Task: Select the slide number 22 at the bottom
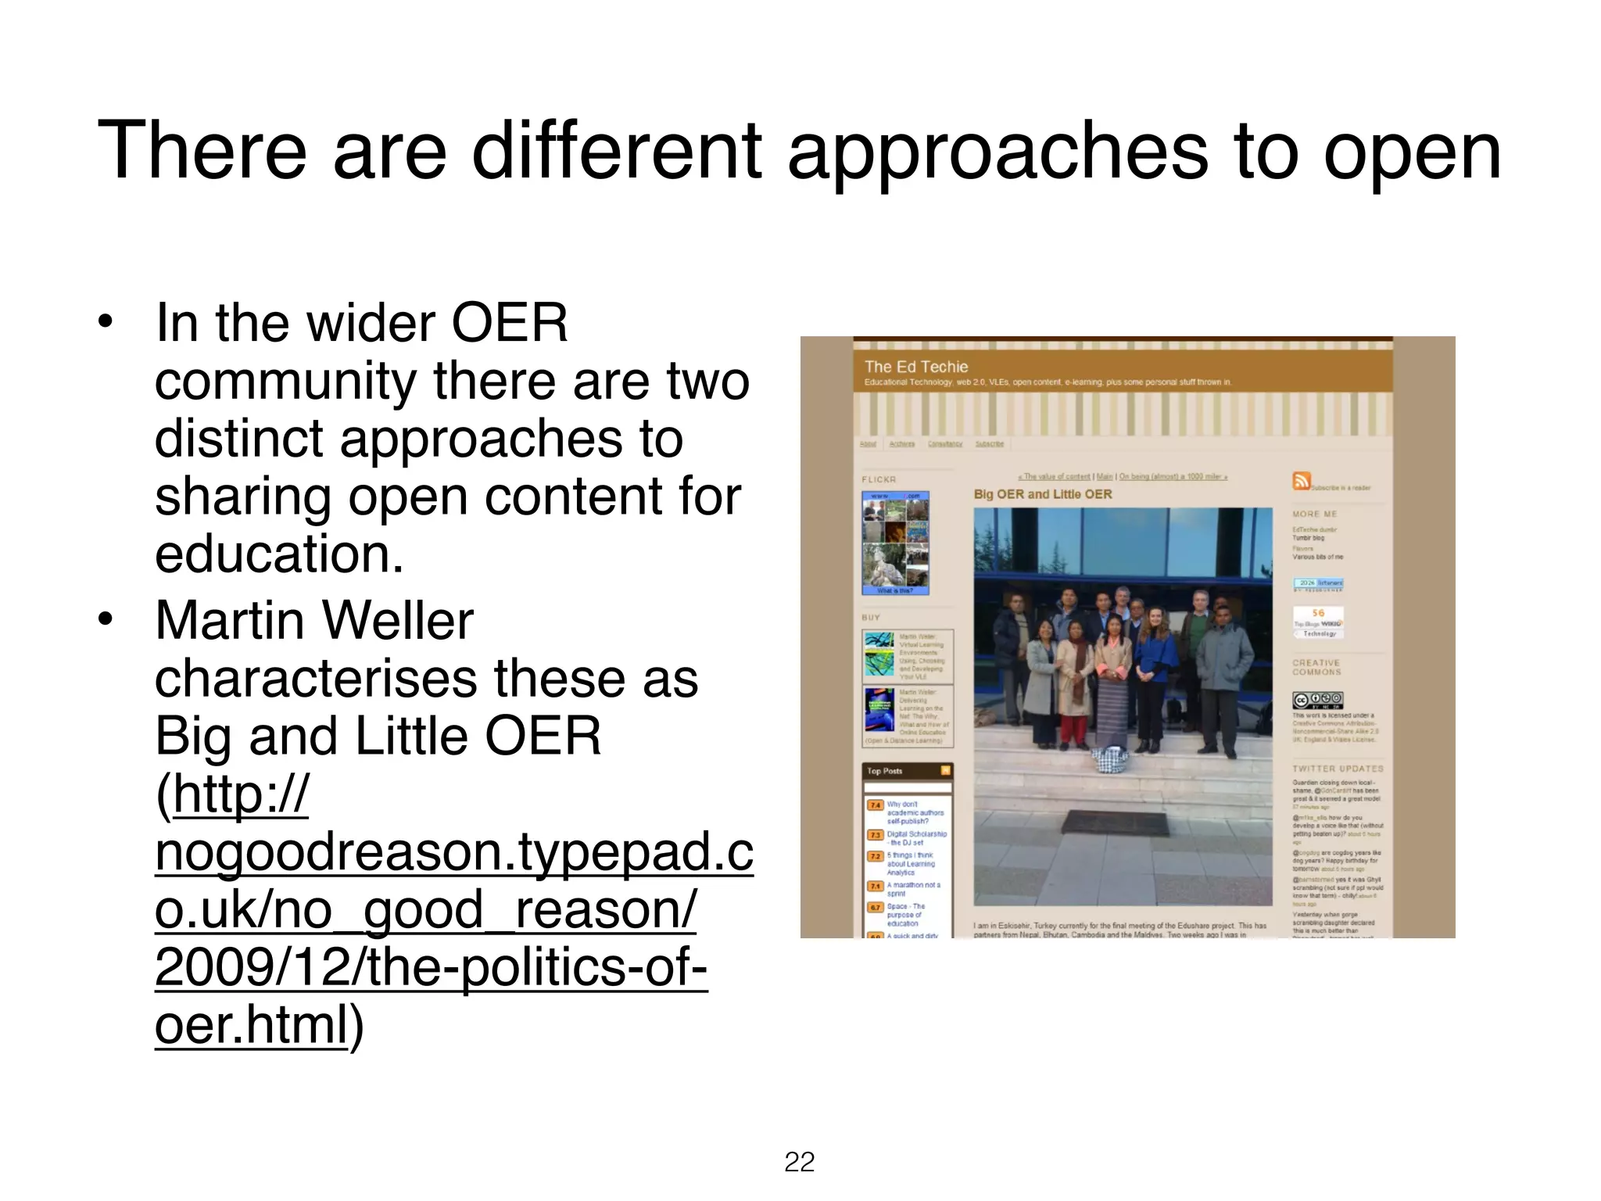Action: [x=799, y=1162]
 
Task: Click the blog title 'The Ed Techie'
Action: [x=915, y=367]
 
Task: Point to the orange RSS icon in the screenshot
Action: [x=1301, y=481]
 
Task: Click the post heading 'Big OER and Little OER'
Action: [x=1042, y=494]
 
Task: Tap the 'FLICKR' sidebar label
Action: [x=879, y=479]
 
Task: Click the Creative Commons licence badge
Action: [x=1318, y=700]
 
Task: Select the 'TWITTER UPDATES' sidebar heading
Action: [x=1338, y=769]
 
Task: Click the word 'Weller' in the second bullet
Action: [x=397, y=621]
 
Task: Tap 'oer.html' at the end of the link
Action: [x=250, y=1024]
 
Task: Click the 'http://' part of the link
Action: [x=241, y=794]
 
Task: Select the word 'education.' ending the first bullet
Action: [x=279, y=554]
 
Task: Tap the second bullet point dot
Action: [x=106, y=620]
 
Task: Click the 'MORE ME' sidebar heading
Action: [x=1315, y=514]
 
